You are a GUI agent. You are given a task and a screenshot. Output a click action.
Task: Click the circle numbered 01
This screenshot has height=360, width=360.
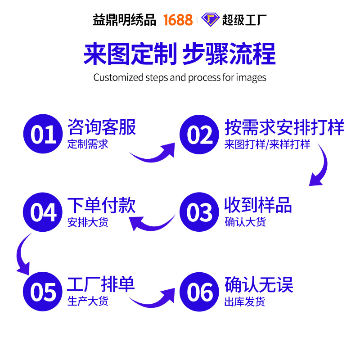(x=44, y=135)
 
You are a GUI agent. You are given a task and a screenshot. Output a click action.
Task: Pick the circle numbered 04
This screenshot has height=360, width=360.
(x=44, y=212)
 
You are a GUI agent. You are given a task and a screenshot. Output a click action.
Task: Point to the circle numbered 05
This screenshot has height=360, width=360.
(x=44, y=291)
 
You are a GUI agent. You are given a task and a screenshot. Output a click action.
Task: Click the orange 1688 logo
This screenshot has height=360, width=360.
(x=178, y=20)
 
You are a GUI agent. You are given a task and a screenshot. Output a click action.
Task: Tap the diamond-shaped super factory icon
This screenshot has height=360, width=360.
(x=210, y=20)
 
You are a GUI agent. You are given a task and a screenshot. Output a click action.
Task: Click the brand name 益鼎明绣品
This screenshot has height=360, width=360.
(x=124, y=20)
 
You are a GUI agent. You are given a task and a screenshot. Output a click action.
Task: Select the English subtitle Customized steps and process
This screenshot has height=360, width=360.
(x=180, y=77)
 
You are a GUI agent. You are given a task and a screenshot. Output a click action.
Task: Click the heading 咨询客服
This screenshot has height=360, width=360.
(x=101, y=127)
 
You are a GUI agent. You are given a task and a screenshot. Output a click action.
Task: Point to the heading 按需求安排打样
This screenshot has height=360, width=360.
(x=284, y=127)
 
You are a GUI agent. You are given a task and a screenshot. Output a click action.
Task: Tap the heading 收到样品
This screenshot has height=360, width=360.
(x=258, y=205)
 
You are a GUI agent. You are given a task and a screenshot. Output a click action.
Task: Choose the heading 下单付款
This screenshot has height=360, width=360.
(x=101, y=205)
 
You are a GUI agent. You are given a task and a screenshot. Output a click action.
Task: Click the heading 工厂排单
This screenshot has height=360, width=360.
(x=101, y=284)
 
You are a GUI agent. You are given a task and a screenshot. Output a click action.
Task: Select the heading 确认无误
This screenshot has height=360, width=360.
(x=259, y=284)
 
